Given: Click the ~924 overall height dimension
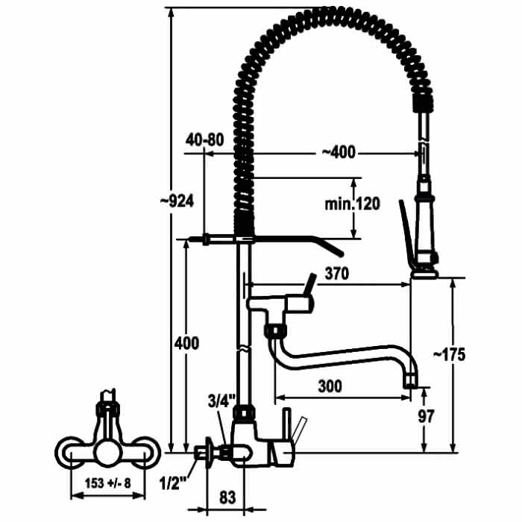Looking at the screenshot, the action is (177, 201).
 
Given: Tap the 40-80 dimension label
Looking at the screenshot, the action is (205, 140).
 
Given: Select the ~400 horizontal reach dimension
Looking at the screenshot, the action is (339, 152).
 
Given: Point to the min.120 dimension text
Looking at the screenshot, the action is (352, 204).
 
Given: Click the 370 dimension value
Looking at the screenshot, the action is (337, 274).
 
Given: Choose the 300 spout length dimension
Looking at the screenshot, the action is (330, 386).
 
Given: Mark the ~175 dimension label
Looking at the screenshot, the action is (449, 355).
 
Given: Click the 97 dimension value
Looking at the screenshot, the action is (426, 416).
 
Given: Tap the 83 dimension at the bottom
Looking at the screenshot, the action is (227, 497).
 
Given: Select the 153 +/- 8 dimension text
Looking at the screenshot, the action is (108, 483).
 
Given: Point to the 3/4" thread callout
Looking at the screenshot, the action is (221, 401).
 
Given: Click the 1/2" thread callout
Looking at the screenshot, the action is (174, 484).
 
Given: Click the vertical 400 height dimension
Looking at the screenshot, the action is (186, 343).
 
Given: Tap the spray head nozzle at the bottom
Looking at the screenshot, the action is (424, 274).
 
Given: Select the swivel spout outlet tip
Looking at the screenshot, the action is (410, 380).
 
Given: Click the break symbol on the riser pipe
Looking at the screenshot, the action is (243, 348).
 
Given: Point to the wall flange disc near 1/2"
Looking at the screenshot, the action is (209, 453).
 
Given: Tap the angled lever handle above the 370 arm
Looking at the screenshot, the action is (309, 285).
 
